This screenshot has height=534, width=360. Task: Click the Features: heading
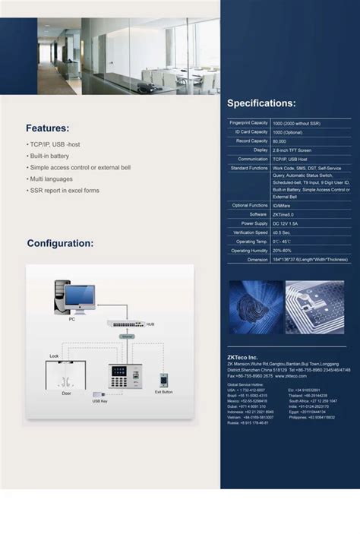click(x=47, y=128)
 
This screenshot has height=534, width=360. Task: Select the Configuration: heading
click(x=60, y=244)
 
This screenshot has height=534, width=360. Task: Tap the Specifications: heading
click(x=261, y=103)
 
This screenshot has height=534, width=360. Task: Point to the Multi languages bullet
click(x=52, y=179)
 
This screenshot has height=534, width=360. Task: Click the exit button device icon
click(x=163, y=380)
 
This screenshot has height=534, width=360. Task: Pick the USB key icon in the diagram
click(x=99, y=394)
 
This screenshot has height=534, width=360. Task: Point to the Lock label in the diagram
click(x=54, y=355)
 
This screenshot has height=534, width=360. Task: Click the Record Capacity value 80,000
click(x=279, y=141)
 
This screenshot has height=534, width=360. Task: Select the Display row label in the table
click(x=261, y=150)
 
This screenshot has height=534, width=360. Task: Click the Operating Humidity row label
click(x=250, y=250)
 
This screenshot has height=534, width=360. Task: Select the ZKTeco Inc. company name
click(x=243, y=357)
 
